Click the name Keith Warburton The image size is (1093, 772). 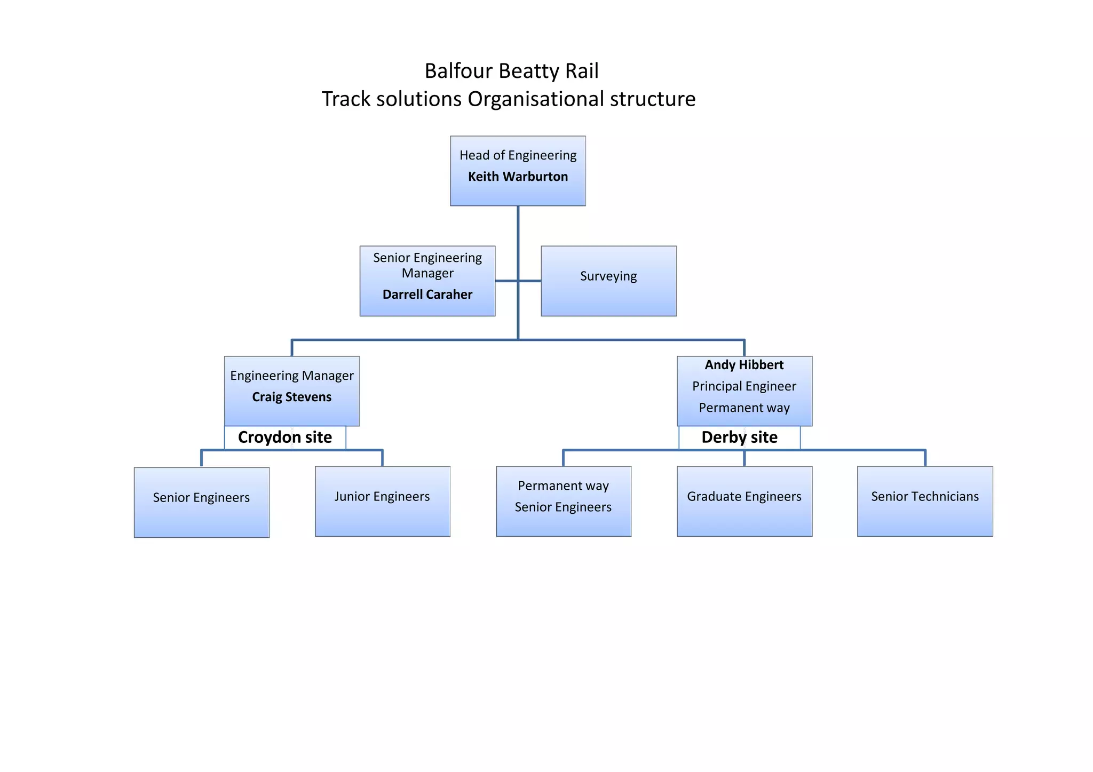pos(518,177)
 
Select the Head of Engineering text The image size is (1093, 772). pos(518,155)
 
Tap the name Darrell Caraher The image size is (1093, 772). pos(427,295)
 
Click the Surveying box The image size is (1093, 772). pos(608,281)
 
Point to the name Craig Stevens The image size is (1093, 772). pos(291,397)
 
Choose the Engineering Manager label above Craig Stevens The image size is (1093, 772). pos(291,376)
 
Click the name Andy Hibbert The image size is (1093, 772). pos(744,365)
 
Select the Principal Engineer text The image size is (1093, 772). pos(744,386)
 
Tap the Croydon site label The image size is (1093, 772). pos(284,437)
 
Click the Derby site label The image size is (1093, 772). pos(739,437)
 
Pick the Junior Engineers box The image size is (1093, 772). pos(382,501)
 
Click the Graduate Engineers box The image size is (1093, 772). pos(744,501)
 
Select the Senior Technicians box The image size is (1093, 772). pos(924,501)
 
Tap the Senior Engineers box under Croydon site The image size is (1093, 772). pos(201,502)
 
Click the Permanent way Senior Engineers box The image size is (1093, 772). pos(563,501)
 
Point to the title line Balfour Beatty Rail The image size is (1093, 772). pos(511,71)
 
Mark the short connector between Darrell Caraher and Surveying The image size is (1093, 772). pos(518,281)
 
